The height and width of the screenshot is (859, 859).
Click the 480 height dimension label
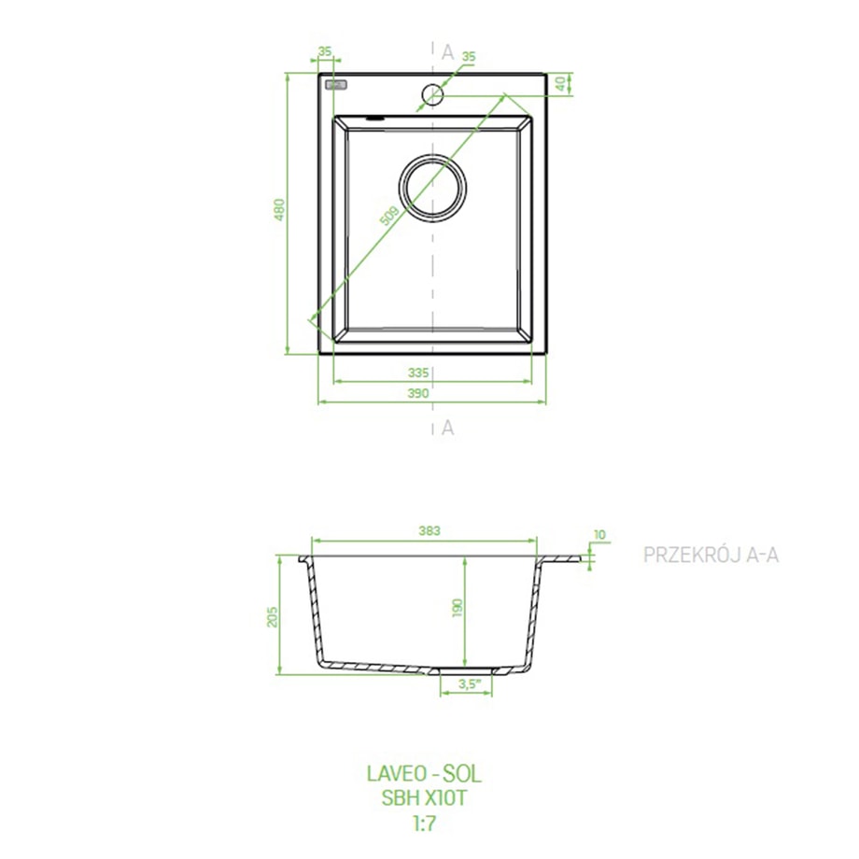click(279, 210)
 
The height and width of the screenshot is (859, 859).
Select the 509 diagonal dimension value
click(388, 216)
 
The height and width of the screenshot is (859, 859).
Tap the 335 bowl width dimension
click(418, 373)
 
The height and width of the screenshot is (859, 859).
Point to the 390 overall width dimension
click(418, 393)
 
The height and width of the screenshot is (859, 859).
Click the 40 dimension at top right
click(560, 84)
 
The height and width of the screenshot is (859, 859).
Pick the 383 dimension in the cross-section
click(429, 530)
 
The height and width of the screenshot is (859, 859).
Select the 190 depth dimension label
click(458, 608)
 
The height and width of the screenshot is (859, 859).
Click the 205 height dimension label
click(273, 617)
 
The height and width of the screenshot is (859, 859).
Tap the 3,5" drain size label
click(470, 683)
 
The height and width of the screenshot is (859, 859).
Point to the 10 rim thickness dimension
click(599, 534)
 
